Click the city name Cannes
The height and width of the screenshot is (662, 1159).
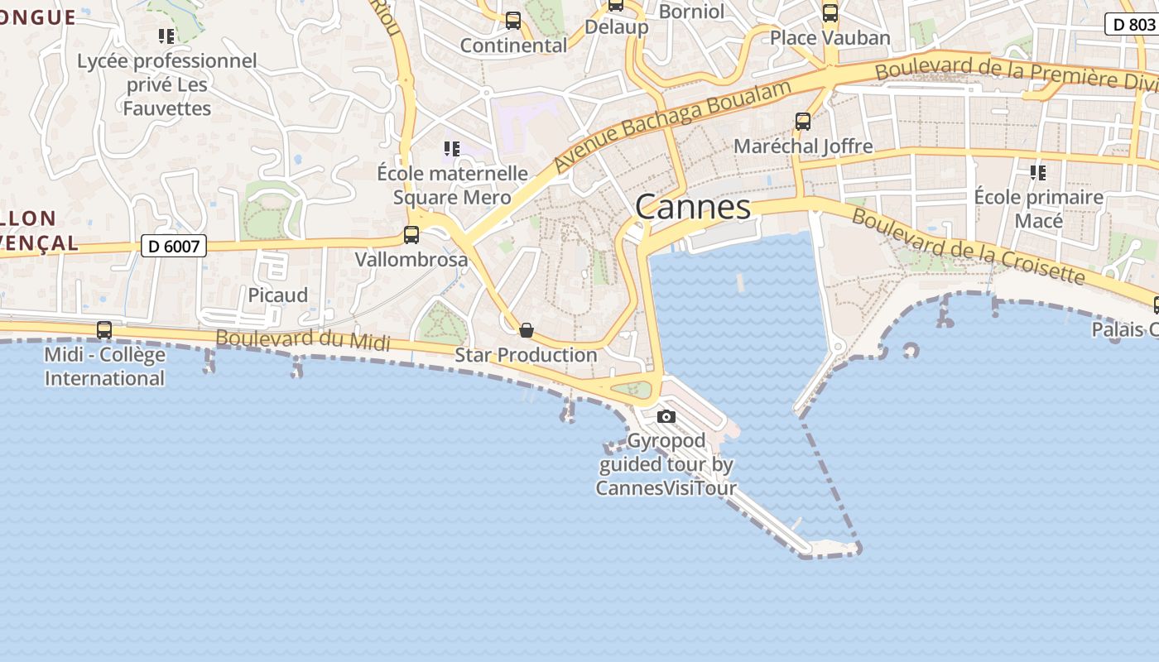(693, 207)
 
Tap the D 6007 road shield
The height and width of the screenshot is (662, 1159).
(173, 246)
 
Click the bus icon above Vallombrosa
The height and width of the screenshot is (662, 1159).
(411, 235)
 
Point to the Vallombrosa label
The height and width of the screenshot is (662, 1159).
(411, 260)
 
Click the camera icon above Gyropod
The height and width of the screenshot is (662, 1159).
(666, 416)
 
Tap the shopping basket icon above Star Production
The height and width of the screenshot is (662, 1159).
(526, 331)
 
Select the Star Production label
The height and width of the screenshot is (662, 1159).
(526, 355)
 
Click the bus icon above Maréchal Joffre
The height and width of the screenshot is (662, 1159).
(802, 122)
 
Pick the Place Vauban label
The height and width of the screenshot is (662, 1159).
(830, 38)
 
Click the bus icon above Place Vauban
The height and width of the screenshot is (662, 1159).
(830, 13)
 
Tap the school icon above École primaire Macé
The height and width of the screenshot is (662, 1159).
(1037, 173)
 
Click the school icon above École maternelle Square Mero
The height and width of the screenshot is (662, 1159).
(451, 149)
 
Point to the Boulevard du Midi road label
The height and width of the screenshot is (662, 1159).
(302, 339)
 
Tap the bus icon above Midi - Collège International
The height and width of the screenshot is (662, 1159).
(104, 330)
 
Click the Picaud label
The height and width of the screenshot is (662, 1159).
(278, 295)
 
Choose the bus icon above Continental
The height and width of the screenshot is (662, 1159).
(513, 21)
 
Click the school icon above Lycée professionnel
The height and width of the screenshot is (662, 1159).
(166, 36)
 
